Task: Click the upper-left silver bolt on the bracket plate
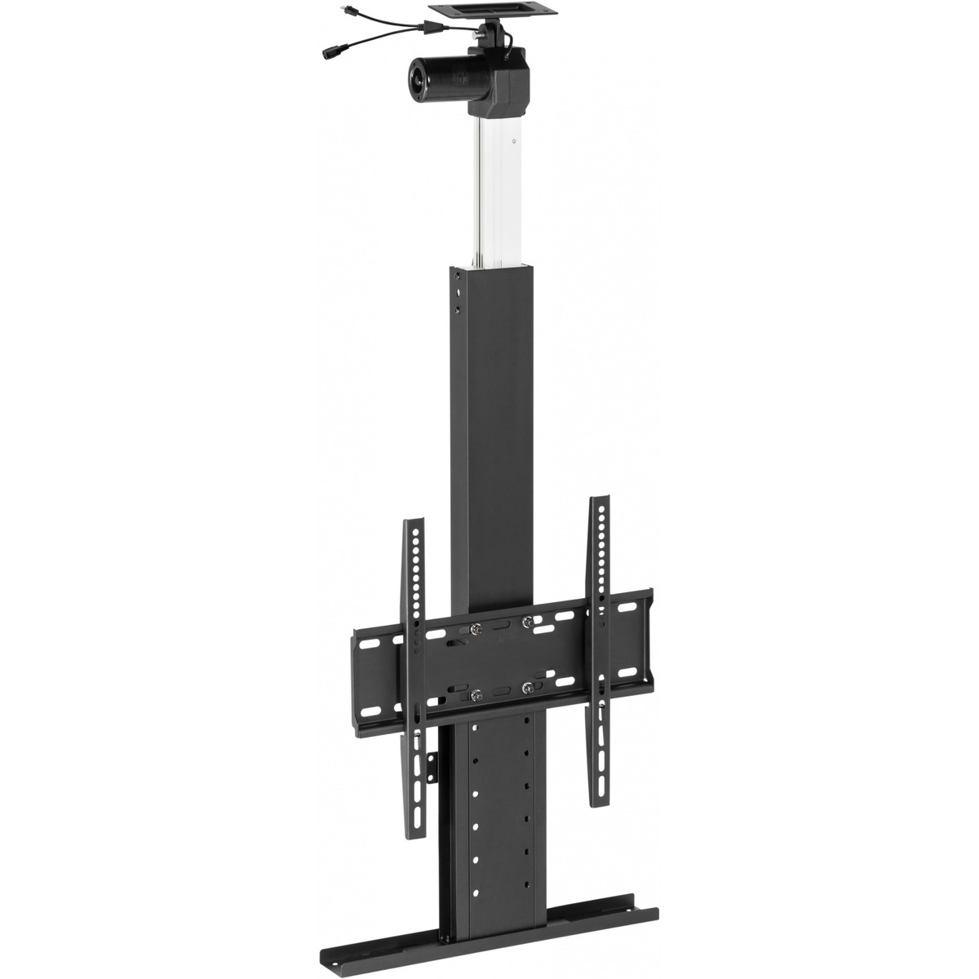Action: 476,628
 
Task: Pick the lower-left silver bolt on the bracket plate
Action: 476,694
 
